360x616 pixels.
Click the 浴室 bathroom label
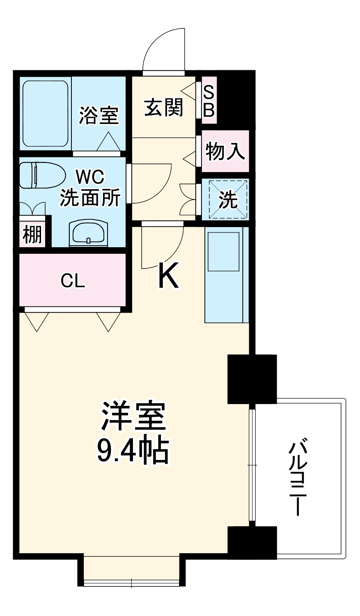click(x=99, y=115)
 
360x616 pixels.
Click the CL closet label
click(x=73, y=280)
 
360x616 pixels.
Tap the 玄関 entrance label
click(x=163, y=108)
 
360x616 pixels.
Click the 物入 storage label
click(x=225, y=152)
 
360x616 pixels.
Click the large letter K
click(x=168, y=276)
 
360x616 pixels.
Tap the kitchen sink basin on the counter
click(x=223, y=251)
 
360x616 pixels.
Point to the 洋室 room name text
click(x=133, y=416)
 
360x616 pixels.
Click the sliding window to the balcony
click(x=252, y=465)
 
